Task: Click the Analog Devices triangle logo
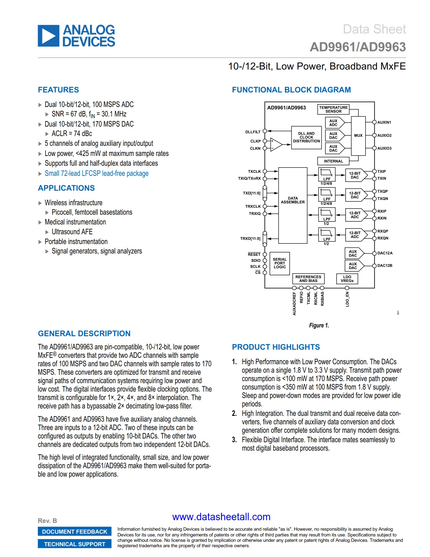click(49, 36)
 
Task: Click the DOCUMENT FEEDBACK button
click(75, 532)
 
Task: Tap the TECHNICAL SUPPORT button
click(75, 544)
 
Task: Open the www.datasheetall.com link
click(221, 517)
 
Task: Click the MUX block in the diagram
click(358, 136)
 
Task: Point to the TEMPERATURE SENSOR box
click(333, 109)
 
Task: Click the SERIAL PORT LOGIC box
click(280, 263)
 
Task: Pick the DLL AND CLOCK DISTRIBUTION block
click(306, 137)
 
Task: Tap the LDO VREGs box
click(347, 279)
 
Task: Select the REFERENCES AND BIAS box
click(308, 279)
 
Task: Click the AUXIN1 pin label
click(384, 123)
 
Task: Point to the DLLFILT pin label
click(253, 132)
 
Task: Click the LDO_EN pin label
click(347, 299)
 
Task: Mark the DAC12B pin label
click(385, 266)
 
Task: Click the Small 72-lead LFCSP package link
click(96, 173)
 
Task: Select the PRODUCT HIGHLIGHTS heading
click(276, 347)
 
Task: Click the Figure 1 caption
click(319, 325)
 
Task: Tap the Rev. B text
click(48, 521)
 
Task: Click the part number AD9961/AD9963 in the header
click(357, 47)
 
